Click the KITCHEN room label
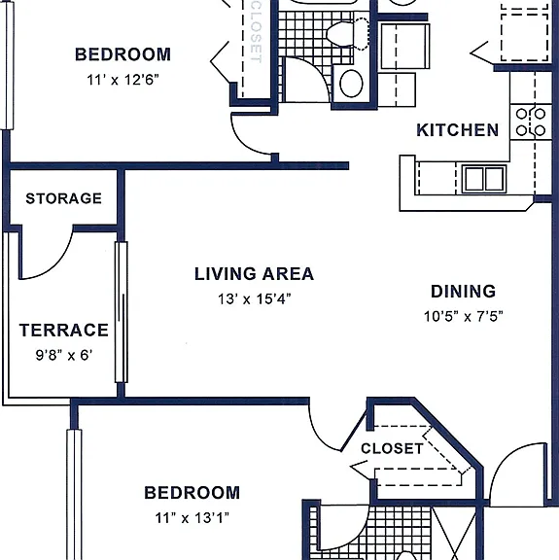point(457,130)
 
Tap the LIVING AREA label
point(254,274)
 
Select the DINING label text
point(464,292)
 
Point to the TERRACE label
point(63,330)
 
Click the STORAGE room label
point(63,198)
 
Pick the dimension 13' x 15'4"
point(255,298)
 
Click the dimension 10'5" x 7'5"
point(464,316)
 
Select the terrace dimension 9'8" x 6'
point(64,355)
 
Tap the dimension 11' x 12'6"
point(122,80)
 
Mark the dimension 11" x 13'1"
point(192,517)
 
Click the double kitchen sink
point(484,178)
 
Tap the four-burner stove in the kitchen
point(531,122)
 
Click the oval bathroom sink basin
point(351,84)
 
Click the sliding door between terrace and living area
point(122,312)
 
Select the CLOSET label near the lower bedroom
point(392,448)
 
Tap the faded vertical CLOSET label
point(256,32)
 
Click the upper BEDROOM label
point(122,54)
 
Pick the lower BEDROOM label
point(192,493)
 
